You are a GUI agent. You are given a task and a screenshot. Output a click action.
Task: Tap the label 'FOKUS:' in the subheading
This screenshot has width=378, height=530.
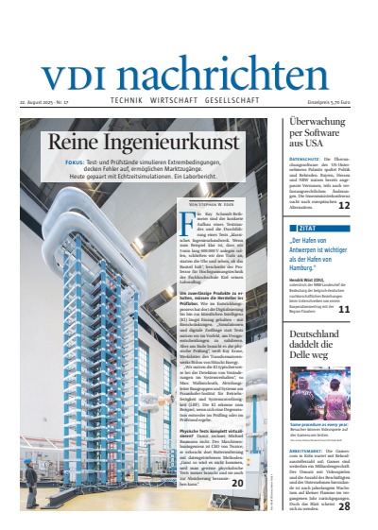pos(77,162)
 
